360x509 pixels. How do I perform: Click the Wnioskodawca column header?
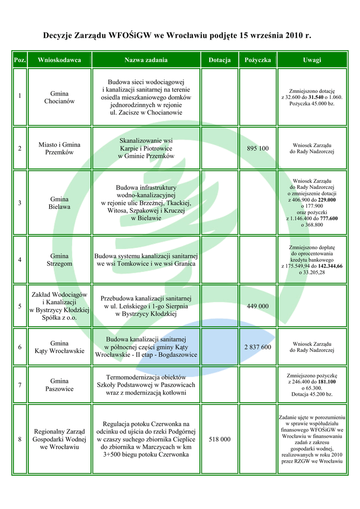59,60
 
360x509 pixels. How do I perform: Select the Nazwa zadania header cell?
146,60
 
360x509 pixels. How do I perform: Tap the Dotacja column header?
219,60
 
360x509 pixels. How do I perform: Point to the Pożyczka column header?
258,60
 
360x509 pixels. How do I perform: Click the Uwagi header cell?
312,60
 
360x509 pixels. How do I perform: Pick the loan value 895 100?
258,149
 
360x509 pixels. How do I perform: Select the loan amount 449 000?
258,306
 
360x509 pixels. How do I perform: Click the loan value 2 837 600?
258,347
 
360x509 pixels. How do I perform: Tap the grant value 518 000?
219,439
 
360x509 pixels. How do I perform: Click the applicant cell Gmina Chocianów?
59,97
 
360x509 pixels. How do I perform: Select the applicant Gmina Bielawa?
59,203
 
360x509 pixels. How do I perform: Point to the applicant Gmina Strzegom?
59,260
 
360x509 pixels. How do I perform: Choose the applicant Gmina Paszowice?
59,385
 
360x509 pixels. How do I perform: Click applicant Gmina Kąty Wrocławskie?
59,347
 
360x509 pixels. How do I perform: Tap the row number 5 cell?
19,306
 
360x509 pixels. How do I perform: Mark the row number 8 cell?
19,439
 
